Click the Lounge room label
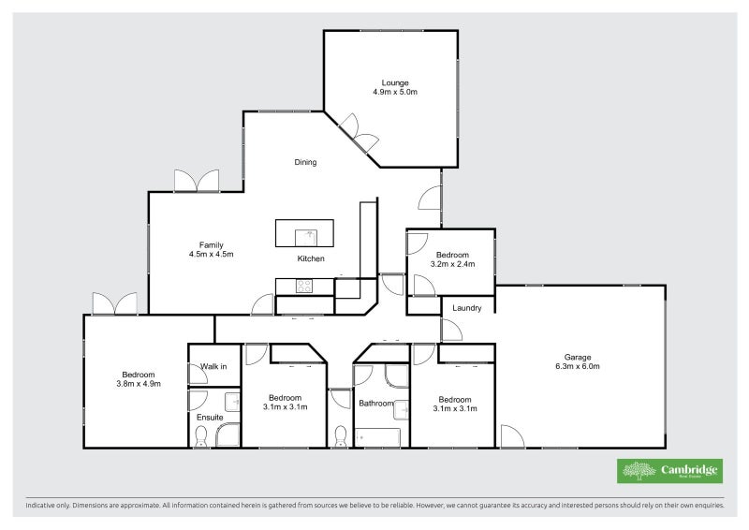(394, 82)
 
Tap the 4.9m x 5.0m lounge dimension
(394, 93)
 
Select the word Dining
(305, 162)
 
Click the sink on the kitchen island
(304, 233)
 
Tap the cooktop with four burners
(304, 286)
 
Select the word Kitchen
(311, 258)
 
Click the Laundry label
(466, 308)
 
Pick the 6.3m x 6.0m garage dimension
(578, 366)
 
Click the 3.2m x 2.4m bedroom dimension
(453, 264)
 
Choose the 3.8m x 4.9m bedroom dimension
(139, 383)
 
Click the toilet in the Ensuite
(201, 434)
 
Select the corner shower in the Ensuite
(227, 434)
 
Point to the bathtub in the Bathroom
(377, 437)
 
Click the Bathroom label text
(376, 404)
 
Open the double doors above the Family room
(196, 181)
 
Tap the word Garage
(578, 356)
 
